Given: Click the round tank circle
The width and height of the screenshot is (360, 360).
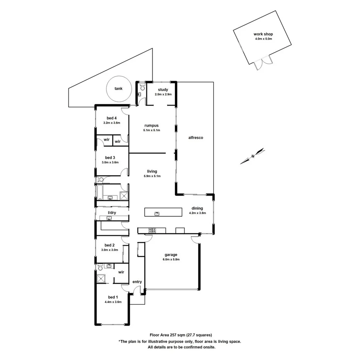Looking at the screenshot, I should point(118,89).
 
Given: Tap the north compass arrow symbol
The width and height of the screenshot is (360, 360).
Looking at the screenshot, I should point(252,156).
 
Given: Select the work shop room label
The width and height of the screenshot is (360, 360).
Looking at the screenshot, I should point(263,34).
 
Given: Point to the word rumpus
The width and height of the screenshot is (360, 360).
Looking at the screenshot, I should point(151,126).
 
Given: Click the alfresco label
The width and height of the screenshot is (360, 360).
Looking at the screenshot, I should point(195,138).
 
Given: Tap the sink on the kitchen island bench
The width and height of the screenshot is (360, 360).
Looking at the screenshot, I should point(157,213).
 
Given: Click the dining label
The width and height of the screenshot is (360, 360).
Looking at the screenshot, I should point(197,208).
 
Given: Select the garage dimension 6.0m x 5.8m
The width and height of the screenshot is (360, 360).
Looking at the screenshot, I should point(171,260).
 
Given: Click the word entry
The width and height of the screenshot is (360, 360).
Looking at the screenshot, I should point(137,282).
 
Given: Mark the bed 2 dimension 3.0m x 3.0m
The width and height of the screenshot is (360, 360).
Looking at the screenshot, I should point(110,250).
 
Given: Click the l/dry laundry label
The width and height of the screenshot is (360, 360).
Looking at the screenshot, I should point(112,213).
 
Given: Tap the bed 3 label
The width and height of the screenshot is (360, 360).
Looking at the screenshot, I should point(110,158).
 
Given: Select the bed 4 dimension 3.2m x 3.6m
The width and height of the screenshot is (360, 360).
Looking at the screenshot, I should point(112,123).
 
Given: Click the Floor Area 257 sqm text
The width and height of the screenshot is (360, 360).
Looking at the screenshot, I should point(180,335).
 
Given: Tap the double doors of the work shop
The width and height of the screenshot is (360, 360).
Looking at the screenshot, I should point(263,63).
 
